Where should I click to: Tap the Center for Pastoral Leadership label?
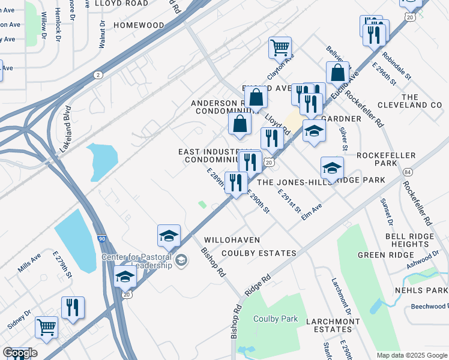tap(136, 261)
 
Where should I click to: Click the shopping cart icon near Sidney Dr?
tap(46, 328)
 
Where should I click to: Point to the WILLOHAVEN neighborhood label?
tap(232, 240)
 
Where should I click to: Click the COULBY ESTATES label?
tap(259, 253)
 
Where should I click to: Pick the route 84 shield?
tap(408, 172)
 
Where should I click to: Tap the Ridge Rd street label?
tap(258, 286)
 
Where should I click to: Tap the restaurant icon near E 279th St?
tap(73, 308)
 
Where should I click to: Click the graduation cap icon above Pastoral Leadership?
tap(169, 236)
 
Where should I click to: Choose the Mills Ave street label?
tap(29, 262)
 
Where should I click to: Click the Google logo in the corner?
tap(20, 353)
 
